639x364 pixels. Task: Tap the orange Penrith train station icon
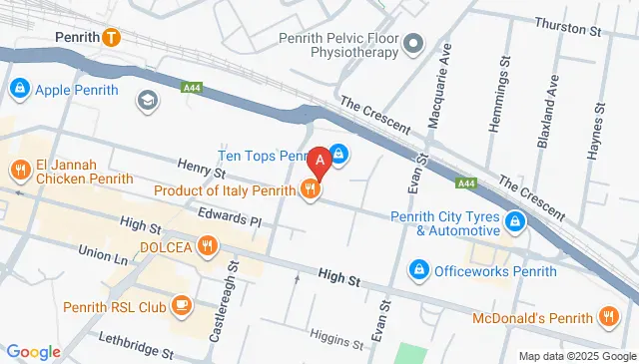111,39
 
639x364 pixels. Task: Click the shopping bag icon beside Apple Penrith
18,90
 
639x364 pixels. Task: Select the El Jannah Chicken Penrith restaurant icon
18,170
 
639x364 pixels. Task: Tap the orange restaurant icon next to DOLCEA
207,245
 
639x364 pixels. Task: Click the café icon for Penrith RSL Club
182,304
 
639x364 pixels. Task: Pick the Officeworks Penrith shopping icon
419,270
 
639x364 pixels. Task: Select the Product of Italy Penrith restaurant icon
311,189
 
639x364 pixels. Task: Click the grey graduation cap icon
148,100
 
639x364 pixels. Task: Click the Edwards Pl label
229,216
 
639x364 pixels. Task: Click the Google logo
33,351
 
